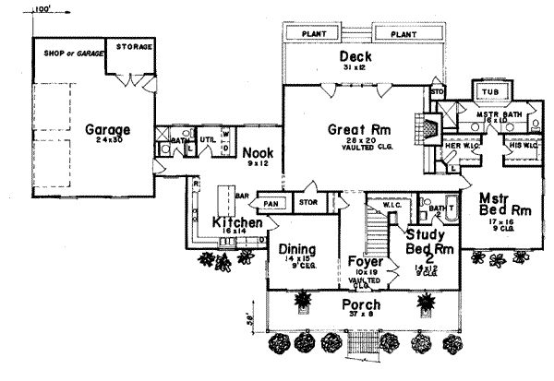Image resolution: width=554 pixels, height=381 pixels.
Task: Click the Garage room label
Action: point(108,130)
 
